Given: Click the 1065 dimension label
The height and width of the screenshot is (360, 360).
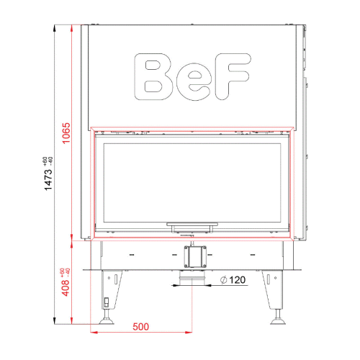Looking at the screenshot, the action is (x=66, y=133).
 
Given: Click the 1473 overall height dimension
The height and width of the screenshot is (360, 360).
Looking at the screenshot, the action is (x=48, y=179).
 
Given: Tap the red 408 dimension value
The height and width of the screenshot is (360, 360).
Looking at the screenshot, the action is (x=66, y=288).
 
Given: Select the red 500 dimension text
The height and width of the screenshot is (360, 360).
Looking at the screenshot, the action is (x=140, y=327).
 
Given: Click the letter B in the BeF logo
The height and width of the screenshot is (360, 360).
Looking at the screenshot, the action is (x=153, y=76).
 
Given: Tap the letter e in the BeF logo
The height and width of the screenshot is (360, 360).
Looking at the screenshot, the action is (x=194, y=82).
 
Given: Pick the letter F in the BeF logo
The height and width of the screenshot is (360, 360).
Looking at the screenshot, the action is (x=233, y=76).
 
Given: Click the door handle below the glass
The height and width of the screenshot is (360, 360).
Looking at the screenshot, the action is (x=192, y=225).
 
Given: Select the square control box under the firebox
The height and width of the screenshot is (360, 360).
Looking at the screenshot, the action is (x=195, y=256).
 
